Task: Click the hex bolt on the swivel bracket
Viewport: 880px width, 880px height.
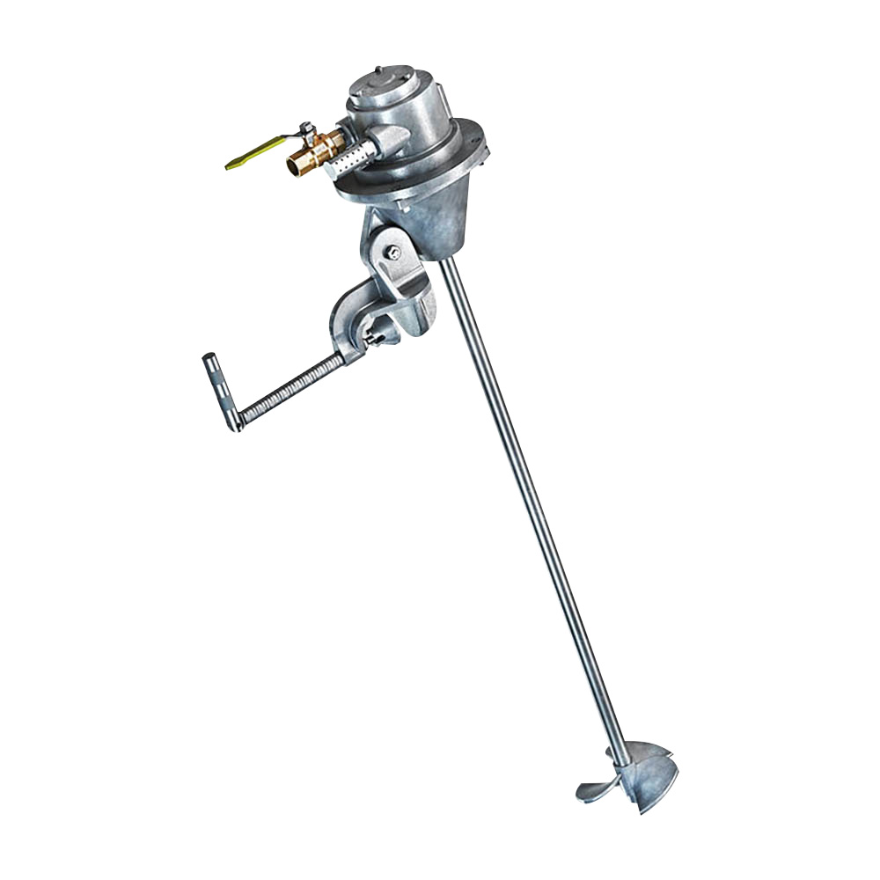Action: pyautogui.click(x=394, y=253)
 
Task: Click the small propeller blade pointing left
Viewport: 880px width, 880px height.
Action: pyautogui.click(x=594, y=785)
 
